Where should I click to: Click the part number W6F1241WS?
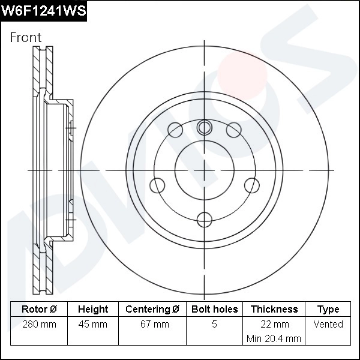click(43, 10)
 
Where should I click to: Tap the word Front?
click(26, 37)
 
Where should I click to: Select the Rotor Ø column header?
click(39, 309)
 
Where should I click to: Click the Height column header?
click(93, 309)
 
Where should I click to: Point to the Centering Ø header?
click(152, 309)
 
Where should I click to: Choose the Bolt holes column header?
click(214, 309)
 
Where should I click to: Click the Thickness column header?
click(274, 309)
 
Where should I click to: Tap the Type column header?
click(328, 309)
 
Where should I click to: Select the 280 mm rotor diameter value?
click(39, 324)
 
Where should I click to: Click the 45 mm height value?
click(93, 324)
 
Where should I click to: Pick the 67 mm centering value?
click(152, 324)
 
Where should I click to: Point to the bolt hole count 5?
click(214, 324)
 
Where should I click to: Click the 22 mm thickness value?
click(274, 324)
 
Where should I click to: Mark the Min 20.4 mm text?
click(274, 338)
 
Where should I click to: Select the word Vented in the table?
click(328, 324)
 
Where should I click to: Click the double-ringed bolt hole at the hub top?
click(205, 127)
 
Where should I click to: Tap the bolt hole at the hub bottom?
click(205, 219)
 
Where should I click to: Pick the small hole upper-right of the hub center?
click(233, 130)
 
